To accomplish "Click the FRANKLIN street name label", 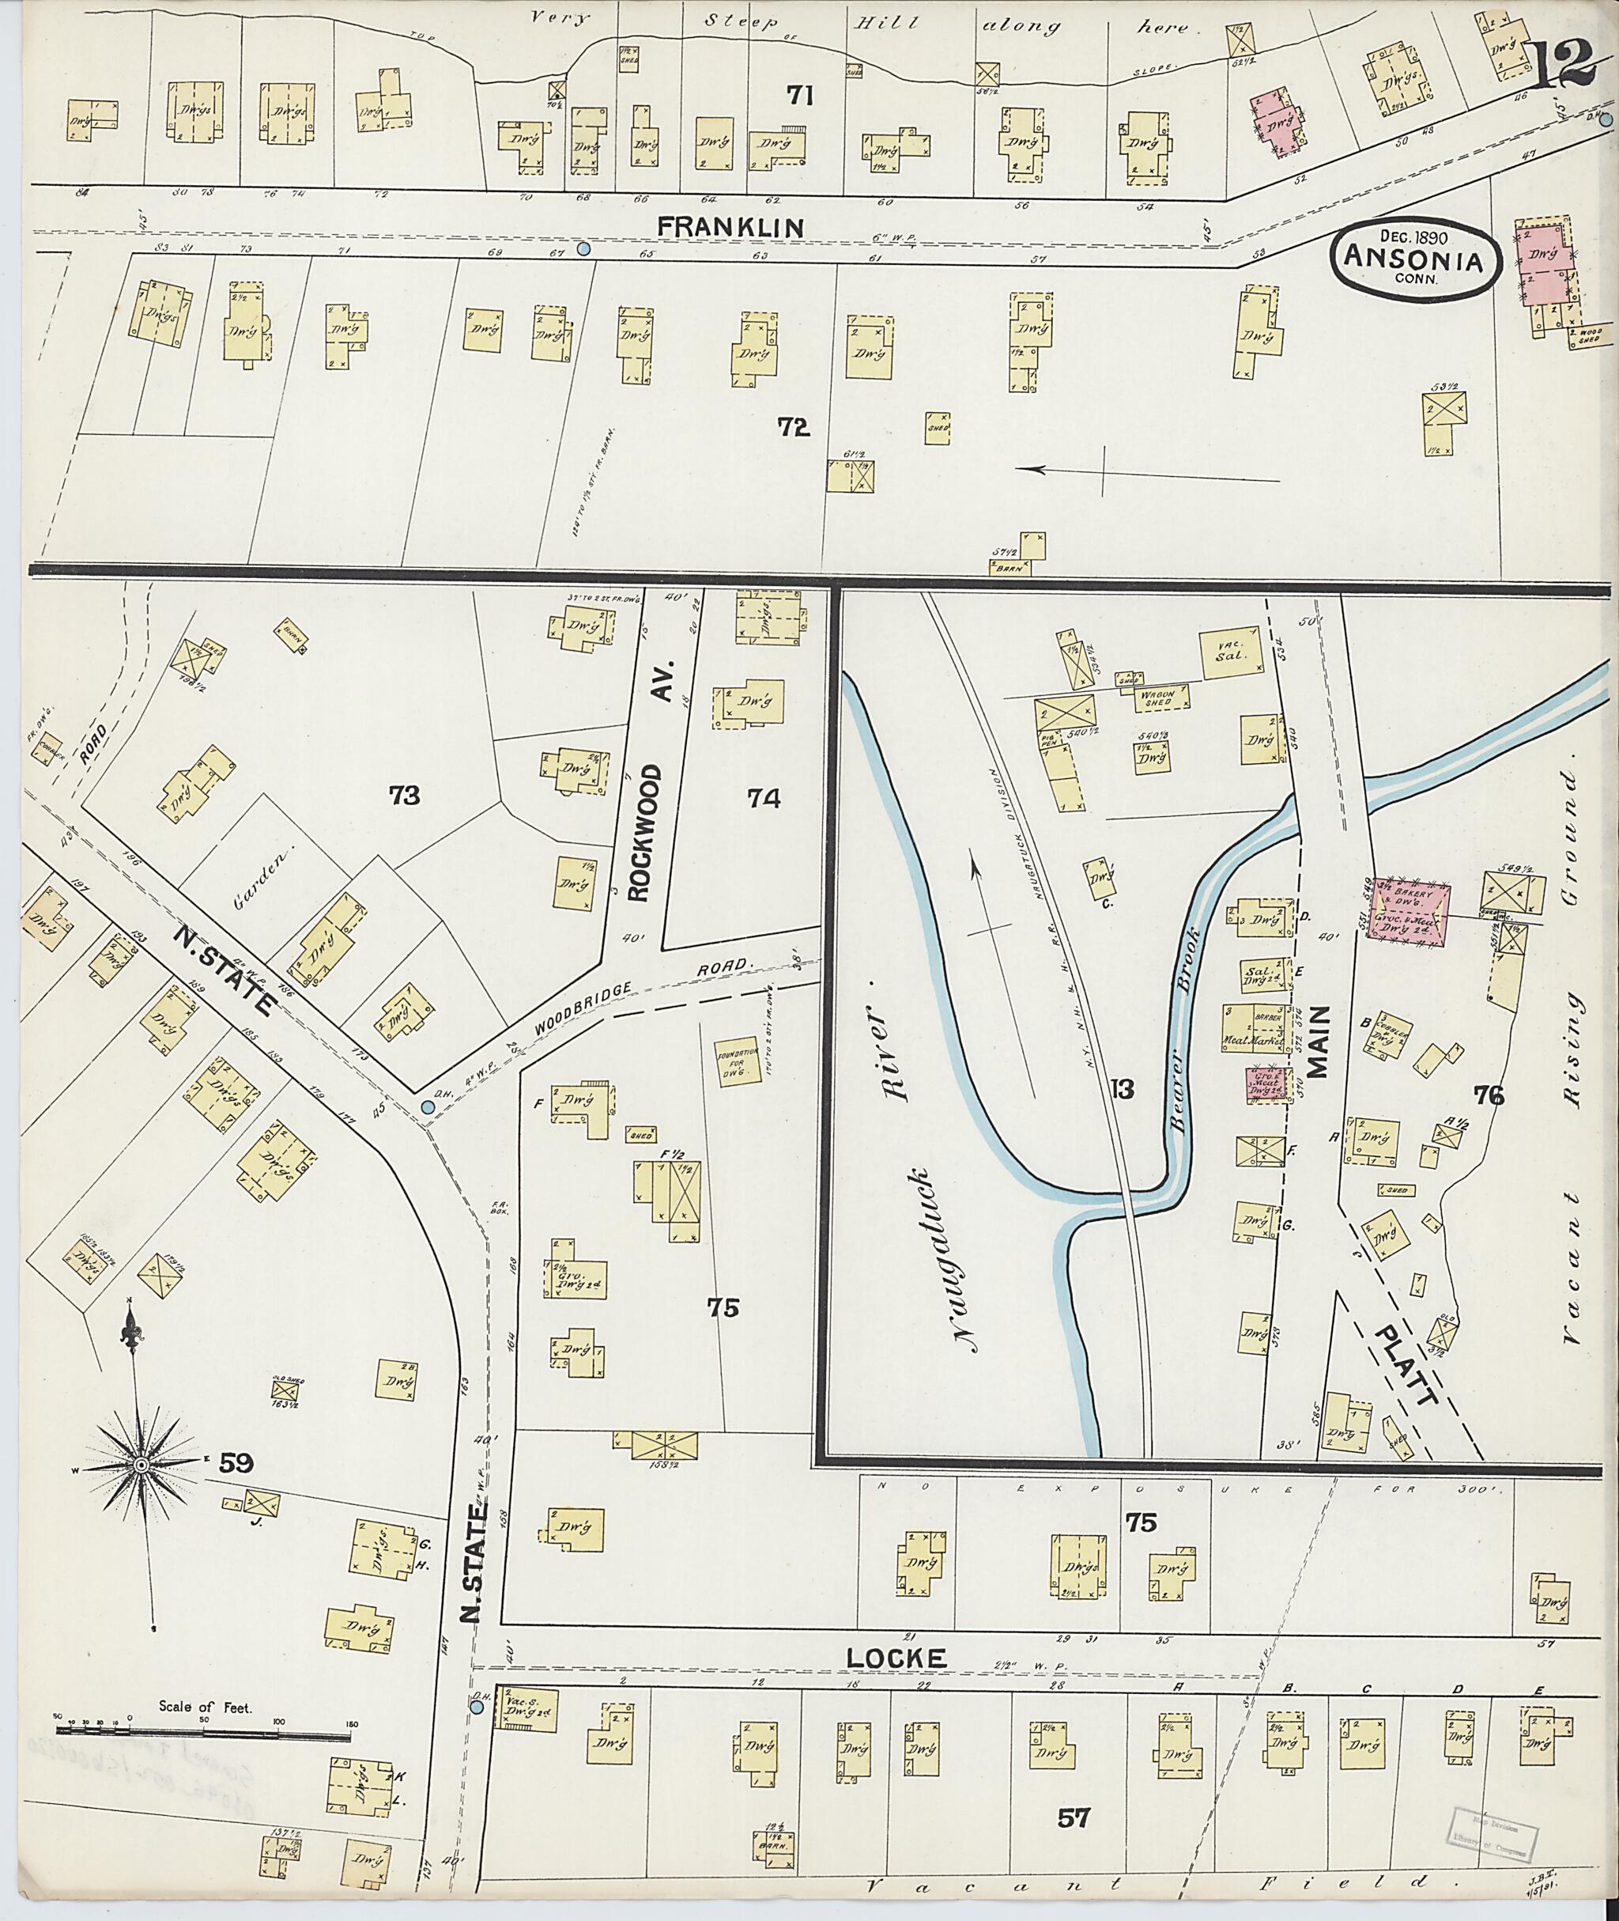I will (x=730, y=226).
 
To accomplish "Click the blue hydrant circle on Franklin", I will (x=583, y=249).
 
